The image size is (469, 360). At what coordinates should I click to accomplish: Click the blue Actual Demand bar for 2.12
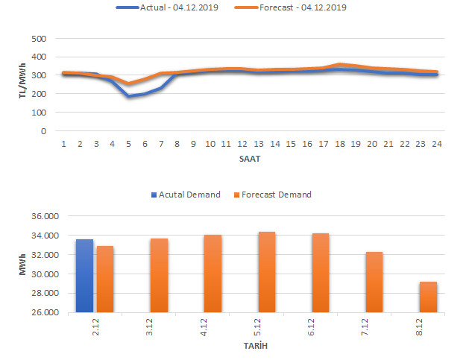pyautogui.click(x=84, y=275)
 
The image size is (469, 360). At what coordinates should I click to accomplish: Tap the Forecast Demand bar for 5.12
pyautogui.click(x=266, y=271)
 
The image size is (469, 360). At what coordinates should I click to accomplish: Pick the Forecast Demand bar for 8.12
pyautogui.click(x=428, y=297)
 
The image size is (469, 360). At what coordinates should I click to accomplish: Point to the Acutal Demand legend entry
pyautogui.click(x=186, y=195)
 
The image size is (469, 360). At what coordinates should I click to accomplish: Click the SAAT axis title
pyautogui.click(x=249, y=160)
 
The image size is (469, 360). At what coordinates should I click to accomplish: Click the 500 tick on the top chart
pyautogui.click(x=40, y=39)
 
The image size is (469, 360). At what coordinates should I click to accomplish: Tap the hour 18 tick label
pyautogui.click(x=340, y=144)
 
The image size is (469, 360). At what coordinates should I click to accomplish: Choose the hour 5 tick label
pyautogui.click(x=128, y=144)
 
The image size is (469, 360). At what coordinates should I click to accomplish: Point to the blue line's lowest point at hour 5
pyautogui.click(x=128, y=96)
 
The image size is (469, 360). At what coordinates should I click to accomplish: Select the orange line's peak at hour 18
pyautogui.click(x=340, y=65)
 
